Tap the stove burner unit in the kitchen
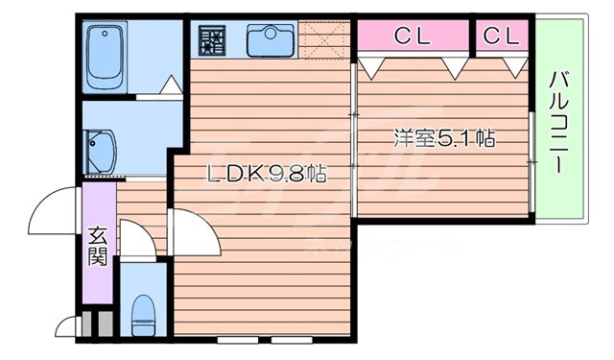(x=211, y=40)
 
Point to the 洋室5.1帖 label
(x=443, y=138)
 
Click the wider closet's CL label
(x=413, y=36)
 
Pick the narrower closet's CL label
(x=501, y=36)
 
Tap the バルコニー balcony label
(x=557, y=120)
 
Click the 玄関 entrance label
(x=98, y=244)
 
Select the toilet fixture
(x=143, y=309)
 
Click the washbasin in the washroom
(x=99, y=150)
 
